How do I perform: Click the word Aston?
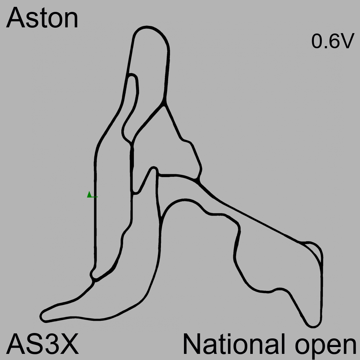[42, 18]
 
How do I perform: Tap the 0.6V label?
[333, 41]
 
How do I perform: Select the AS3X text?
[42, 344]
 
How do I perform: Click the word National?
[234, 344]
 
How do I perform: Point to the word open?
[325, 347]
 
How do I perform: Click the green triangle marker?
[89, 194]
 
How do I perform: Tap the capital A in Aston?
[15, 18]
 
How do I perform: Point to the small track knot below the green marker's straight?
[93, 275]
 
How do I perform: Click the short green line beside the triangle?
[94, 197]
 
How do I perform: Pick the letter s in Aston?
[33, 21]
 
